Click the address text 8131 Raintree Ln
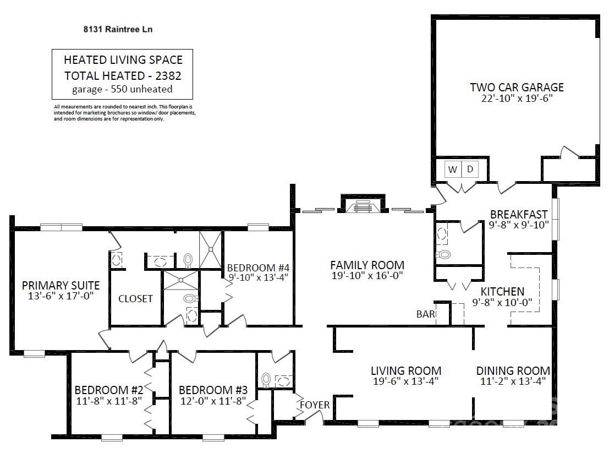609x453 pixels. point(118,29)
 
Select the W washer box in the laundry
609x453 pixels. point(452,169)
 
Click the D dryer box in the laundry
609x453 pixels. point(470,169)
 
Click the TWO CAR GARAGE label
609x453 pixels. point(517,87)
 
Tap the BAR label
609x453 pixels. point(426,314)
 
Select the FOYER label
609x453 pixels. point(315,405)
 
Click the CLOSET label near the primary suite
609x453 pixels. point(135,298)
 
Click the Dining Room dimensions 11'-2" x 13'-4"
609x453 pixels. point(513,381)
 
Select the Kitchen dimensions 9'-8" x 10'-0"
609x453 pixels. point(502,302)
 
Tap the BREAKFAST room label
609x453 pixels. point(519,215)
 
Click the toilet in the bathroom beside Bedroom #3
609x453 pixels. point(266,380)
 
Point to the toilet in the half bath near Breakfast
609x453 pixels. point(443,255)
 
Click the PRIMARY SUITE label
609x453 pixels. point(61,286)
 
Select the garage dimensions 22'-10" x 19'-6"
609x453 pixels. point(517,98)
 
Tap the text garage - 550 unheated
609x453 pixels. point(122,89)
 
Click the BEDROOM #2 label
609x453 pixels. point(109,390)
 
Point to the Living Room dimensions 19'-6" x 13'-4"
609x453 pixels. point(406,381)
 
